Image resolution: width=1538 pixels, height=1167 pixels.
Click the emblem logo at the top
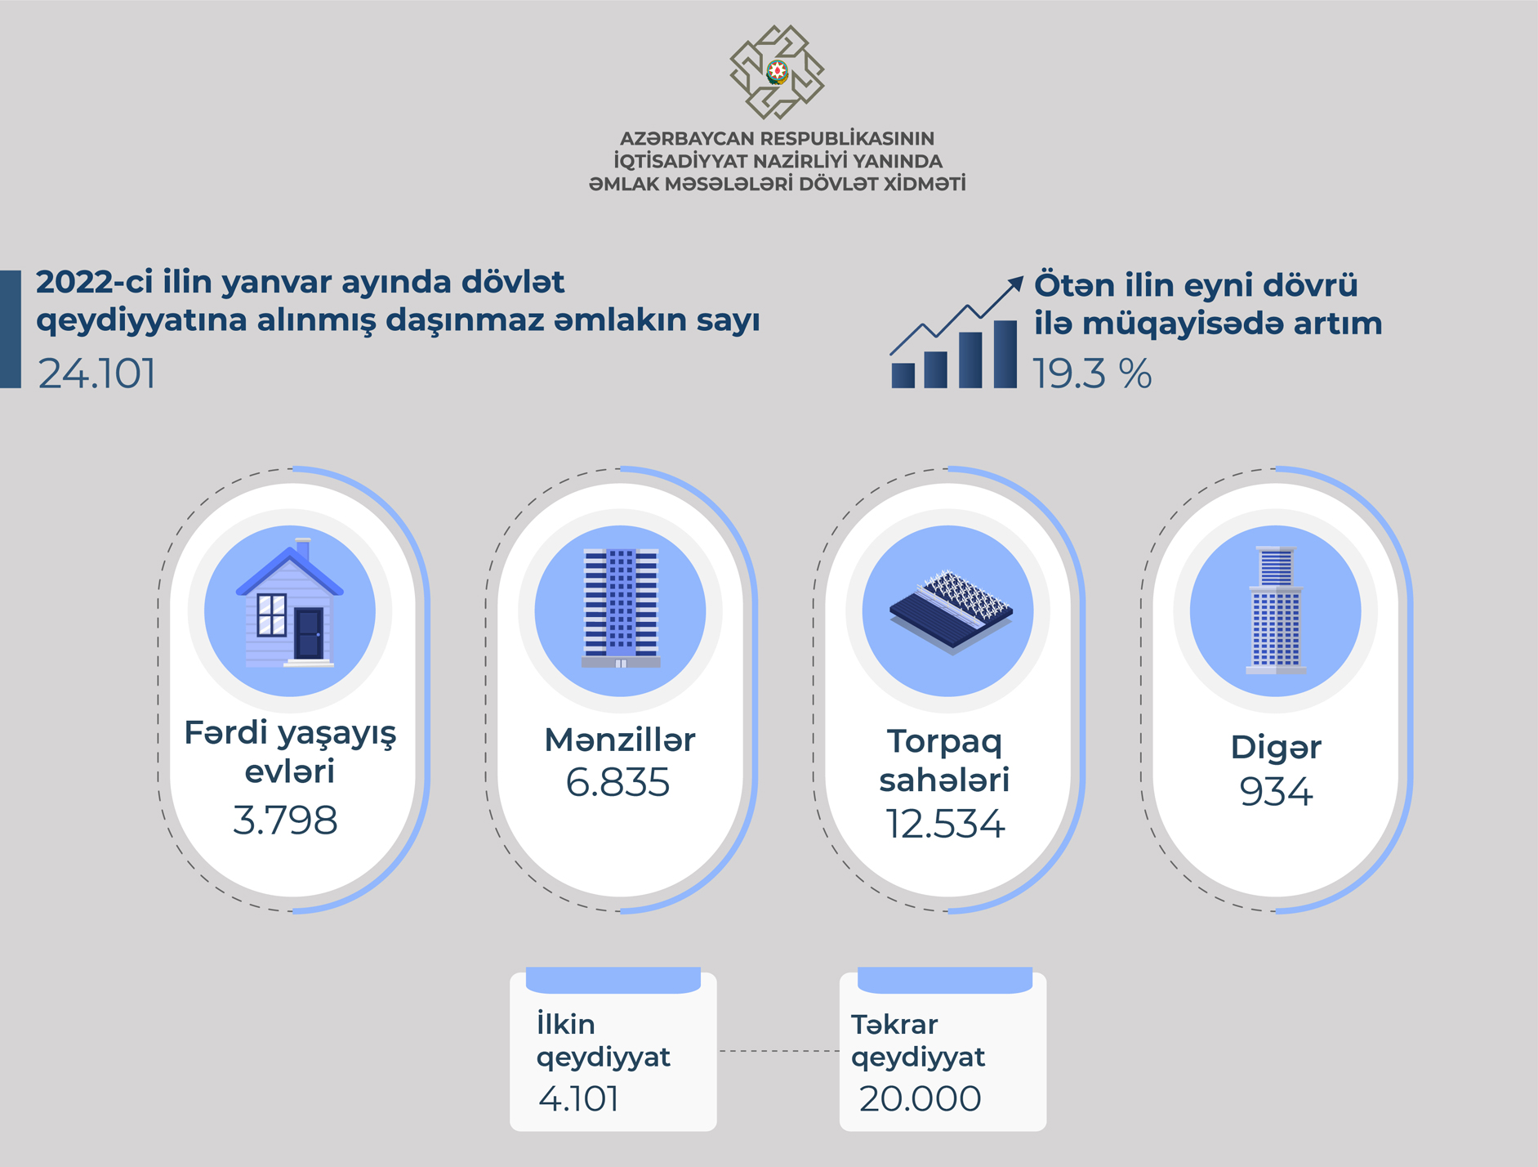tap(777, 72)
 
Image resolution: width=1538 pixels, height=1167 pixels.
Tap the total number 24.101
tap(97, 373)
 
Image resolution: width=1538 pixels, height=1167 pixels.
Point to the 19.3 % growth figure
tap(1092, 374)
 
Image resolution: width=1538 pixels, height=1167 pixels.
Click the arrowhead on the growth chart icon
tap(1014, 284)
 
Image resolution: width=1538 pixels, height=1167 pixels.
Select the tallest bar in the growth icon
tap(1005, 354)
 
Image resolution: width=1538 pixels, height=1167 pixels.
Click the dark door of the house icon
tap(309, 633)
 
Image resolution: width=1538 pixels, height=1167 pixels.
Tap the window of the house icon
tap(271, 615)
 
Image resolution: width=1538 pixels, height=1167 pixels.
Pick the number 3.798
tap(285, 820)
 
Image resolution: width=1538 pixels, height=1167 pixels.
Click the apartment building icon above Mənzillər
tap(621, 608)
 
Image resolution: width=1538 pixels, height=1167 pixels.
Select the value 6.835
tap(617, 782)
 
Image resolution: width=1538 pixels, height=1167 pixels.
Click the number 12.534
tap(945, 824)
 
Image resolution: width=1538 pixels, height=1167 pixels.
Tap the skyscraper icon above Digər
tap(1276, 610)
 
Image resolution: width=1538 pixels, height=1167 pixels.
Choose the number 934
tap(1276, 791)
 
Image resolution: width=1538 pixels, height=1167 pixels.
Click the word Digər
tap(1276, 748)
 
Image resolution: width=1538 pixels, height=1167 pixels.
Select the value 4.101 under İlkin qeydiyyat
tap(578, 1098)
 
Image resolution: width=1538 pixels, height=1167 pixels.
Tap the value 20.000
tap(920, 1098)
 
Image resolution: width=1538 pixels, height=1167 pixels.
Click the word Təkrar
tap(894, 1024)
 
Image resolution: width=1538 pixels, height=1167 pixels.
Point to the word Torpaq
tap(944, 742)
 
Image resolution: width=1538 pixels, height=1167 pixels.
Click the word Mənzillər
tap(620, 740)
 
